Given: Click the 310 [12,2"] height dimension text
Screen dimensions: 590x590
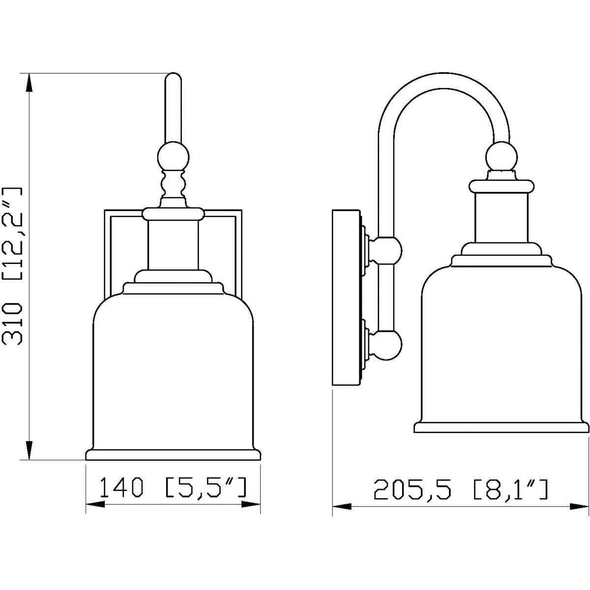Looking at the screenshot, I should coord(12,266).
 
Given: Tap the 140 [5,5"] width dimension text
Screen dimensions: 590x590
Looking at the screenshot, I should coord(173,487).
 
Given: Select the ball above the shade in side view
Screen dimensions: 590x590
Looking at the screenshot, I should coord(501,156).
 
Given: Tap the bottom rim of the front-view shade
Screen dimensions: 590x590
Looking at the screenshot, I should coord(173,454).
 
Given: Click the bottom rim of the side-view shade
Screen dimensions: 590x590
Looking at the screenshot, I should coord(501,427).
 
